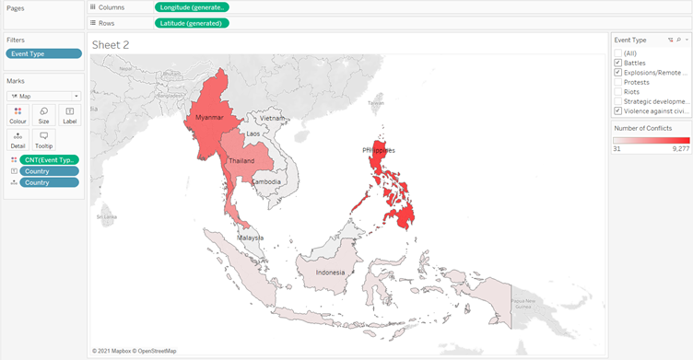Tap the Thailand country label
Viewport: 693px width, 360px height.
click(241, 160)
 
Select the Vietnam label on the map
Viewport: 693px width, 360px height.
click(273, 118)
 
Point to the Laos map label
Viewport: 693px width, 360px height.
click(253, 134)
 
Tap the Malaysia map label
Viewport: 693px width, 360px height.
click(251, 237)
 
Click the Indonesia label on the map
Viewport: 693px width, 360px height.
click(331, 273)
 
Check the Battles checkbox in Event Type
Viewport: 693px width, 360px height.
click(618, 63)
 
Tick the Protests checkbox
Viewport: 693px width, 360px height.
click(618, 82)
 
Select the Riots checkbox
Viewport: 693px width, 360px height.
click(618, 92)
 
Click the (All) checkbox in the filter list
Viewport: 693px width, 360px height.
click(618, 53)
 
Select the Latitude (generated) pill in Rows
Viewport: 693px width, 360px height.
click(191, 22)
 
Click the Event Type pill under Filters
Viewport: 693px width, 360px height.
click(43, 54)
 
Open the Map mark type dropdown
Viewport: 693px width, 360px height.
click(43, 96)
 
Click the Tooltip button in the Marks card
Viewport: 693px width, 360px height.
click(43, 140)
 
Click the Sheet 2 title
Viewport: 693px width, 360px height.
click(110, 43)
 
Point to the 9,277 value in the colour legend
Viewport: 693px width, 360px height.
click(681, 147)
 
